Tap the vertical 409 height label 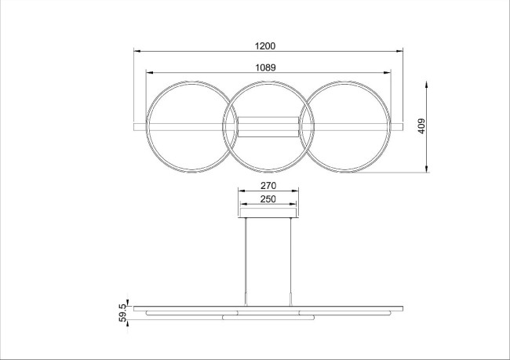[x=421, y=125]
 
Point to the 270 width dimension [x=268, y=187]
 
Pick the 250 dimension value [x=268, y=200]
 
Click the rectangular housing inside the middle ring [x=268, y=126]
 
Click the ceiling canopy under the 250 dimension [x=268, y=213]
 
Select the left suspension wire [x=246, y=259]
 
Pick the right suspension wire [x=292, y=259]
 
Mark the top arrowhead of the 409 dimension [x=427, y=82]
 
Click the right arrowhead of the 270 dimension [x=296, y=191]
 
